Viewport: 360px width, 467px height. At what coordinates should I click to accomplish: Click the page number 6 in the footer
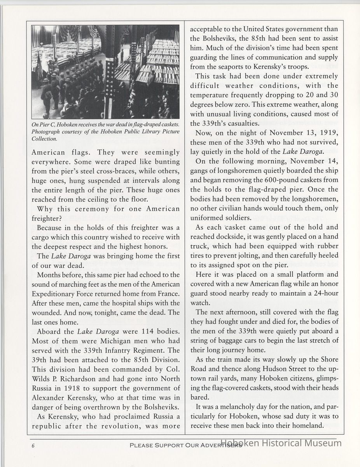(x=34, y=446)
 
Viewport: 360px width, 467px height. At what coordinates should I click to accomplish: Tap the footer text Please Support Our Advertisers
(x=186, y=446)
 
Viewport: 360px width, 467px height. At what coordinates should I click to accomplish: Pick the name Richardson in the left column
(x=78, y=379)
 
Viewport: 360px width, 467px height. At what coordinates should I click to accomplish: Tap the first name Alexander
(x=49, y=397)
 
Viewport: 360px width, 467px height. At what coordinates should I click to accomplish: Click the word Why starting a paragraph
(x=45, y=208)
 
